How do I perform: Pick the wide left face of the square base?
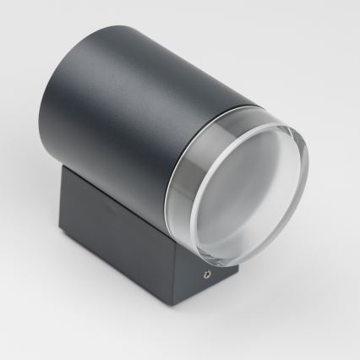click(x=118, y=245)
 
